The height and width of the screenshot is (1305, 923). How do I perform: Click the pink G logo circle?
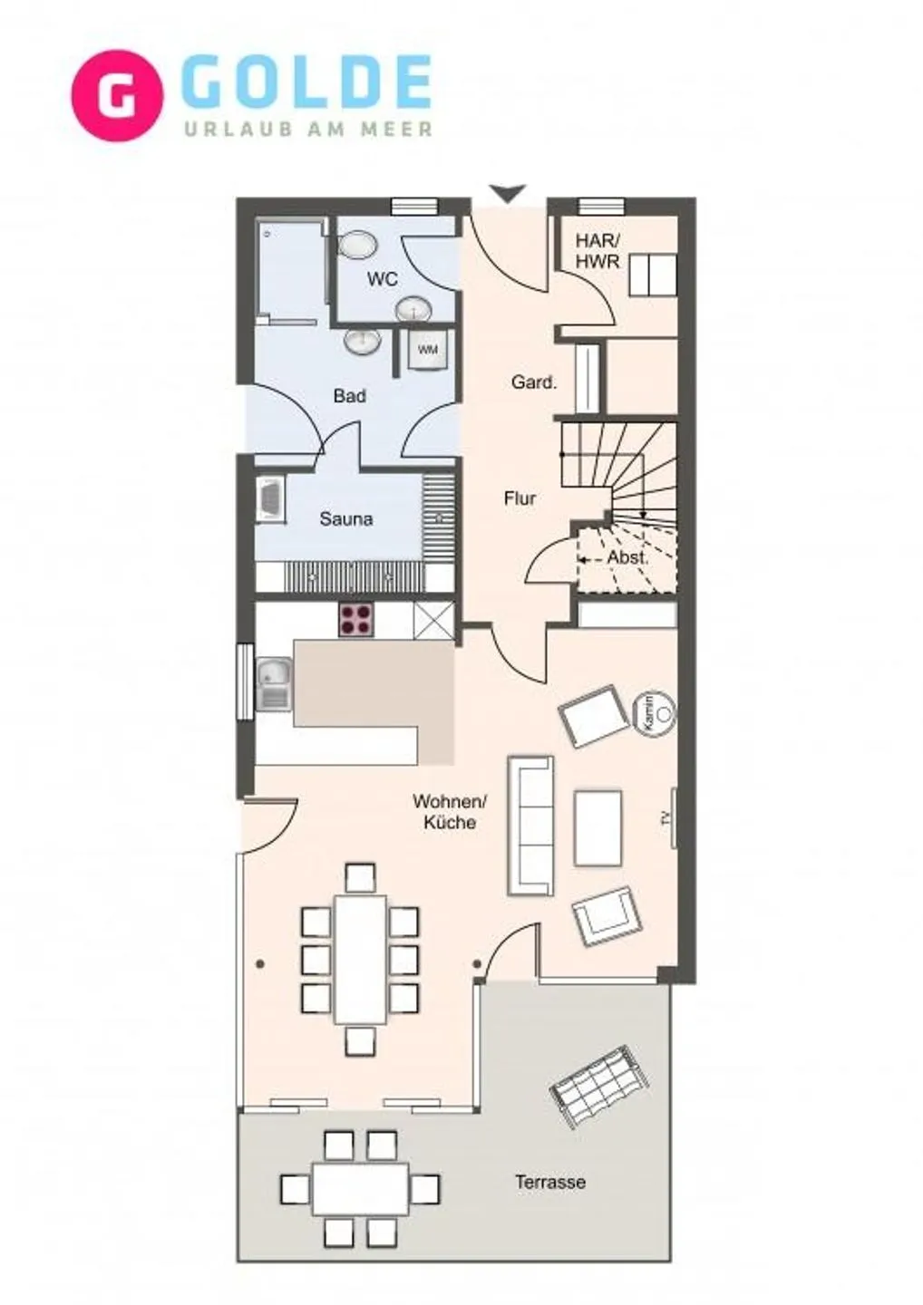click(117, 96)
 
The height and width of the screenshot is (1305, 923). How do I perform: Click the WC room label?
click(382, 279)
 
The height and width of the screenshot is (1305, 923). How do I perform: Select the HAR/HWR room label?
click(598, 251)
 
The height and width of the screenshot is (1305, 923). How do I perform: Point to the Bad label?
click(349, 396)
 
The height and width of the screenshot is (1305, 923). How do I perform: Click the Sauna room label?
click(345, 519)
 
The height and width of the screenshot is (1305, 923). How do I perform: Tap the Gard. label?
click(534, 382)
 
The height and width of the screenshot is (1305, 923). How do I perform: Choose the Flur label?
click(520, 498)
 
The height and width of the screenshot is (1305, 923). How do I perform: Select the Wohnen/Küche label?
click(450, 812)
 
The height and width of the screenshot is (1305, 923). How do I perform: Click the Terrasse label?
click(550, 1182)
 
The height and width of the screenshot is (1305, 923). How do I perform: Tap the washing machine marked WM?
click(427, 349)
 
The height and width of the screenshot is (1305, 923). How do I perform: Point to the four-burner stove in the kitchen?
click(355, 619)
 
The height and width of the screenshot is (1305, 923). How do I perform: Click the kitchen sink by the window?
click(272, 684)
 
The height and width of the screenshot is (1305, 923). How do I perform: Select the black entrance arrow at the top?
click(507, 193)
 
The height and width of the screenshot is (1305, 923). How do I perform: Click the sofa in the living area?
click(530, 825)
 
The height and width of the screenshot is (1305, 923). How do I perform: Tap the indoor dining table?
click(360, 959)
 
